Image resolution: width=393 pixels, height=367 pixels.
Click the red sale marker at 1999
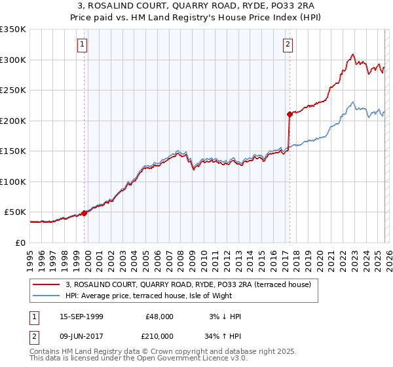click(84, 213)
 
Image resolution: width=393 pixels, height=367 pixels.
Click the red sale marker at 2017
click(289, 114)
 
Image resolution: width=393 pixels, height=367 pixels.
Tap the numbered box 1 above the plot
click(83, 45)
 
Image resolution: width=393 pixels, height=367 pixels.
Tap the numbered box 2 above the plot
click(288, 45)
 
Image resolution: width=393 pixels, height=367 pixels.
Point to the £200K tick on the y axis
click(13, 121)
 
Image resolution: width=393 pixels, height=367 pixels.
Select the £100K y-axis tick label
click(13, 182)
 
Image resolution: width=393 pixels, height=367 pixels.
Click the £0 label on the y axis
click(20, 242)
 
